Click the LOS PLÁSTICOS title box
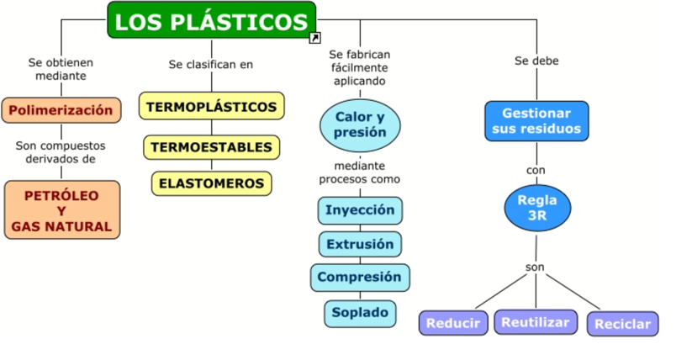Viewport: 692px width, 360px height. (x=211, y=20)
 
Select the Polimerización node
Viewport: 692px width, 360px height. (x=61, y=110)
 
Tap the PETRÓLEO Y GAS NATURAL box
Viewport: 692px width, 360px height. (x=61, y=210)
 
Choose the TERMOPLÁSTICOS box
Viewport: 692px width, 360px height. (x=211, y=107)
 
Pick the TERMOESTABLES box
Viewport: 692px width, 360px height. (x=211, y=147)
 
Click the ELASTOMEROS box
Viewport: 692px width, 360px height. (x=211, y=183)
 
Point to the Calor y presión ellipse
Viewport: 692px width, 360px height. (x=360, y=124)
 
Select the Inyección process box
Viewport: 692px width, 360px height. (x=360, y=209)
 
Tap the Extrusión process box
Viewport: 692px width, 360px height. (x=360, y=244)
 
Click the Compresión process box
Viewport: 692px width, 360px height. (x=360, y=277)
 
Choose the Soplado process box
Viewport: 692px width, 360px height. (x=360, y=313)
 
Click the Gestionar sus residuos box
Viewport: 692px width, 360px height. (x=536, y=121)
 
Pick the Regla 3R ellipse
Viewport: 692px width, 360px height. (x=537, y=208)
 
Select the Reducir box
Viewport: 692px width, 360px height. (x=452, y=323)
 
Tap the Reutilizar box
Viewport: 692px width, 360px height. (x=536, y=321)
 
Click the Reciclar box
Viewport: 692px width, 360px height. (x=622, y=324)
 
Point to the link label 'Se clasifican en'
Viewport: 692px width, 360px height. (x=210, y=64)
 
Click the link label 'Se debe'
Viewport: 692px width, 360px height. (x=536, y=61)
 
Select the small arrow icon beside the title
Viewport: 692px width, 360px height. (x=314, y=38)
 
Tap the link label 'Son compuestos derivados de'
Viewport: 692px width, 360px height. (x=61, y=151)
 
